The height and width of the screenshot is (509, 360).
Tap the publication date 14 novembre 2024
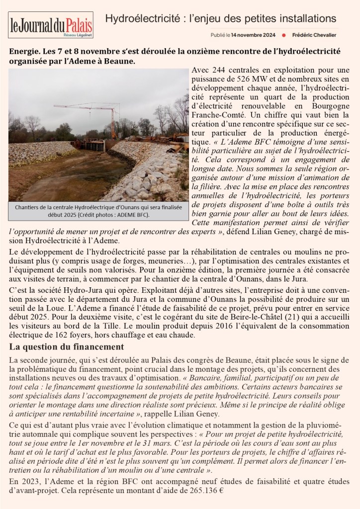point(253,35)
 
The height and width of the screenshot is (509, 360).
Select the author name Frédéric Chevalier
point(315,35)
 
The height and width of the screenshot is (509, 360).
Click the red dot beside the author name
point(283,35)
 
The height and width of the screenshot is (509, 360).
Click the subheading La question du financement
point(66,346)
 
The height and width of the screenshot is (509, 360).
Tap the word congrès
point(231,360)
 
